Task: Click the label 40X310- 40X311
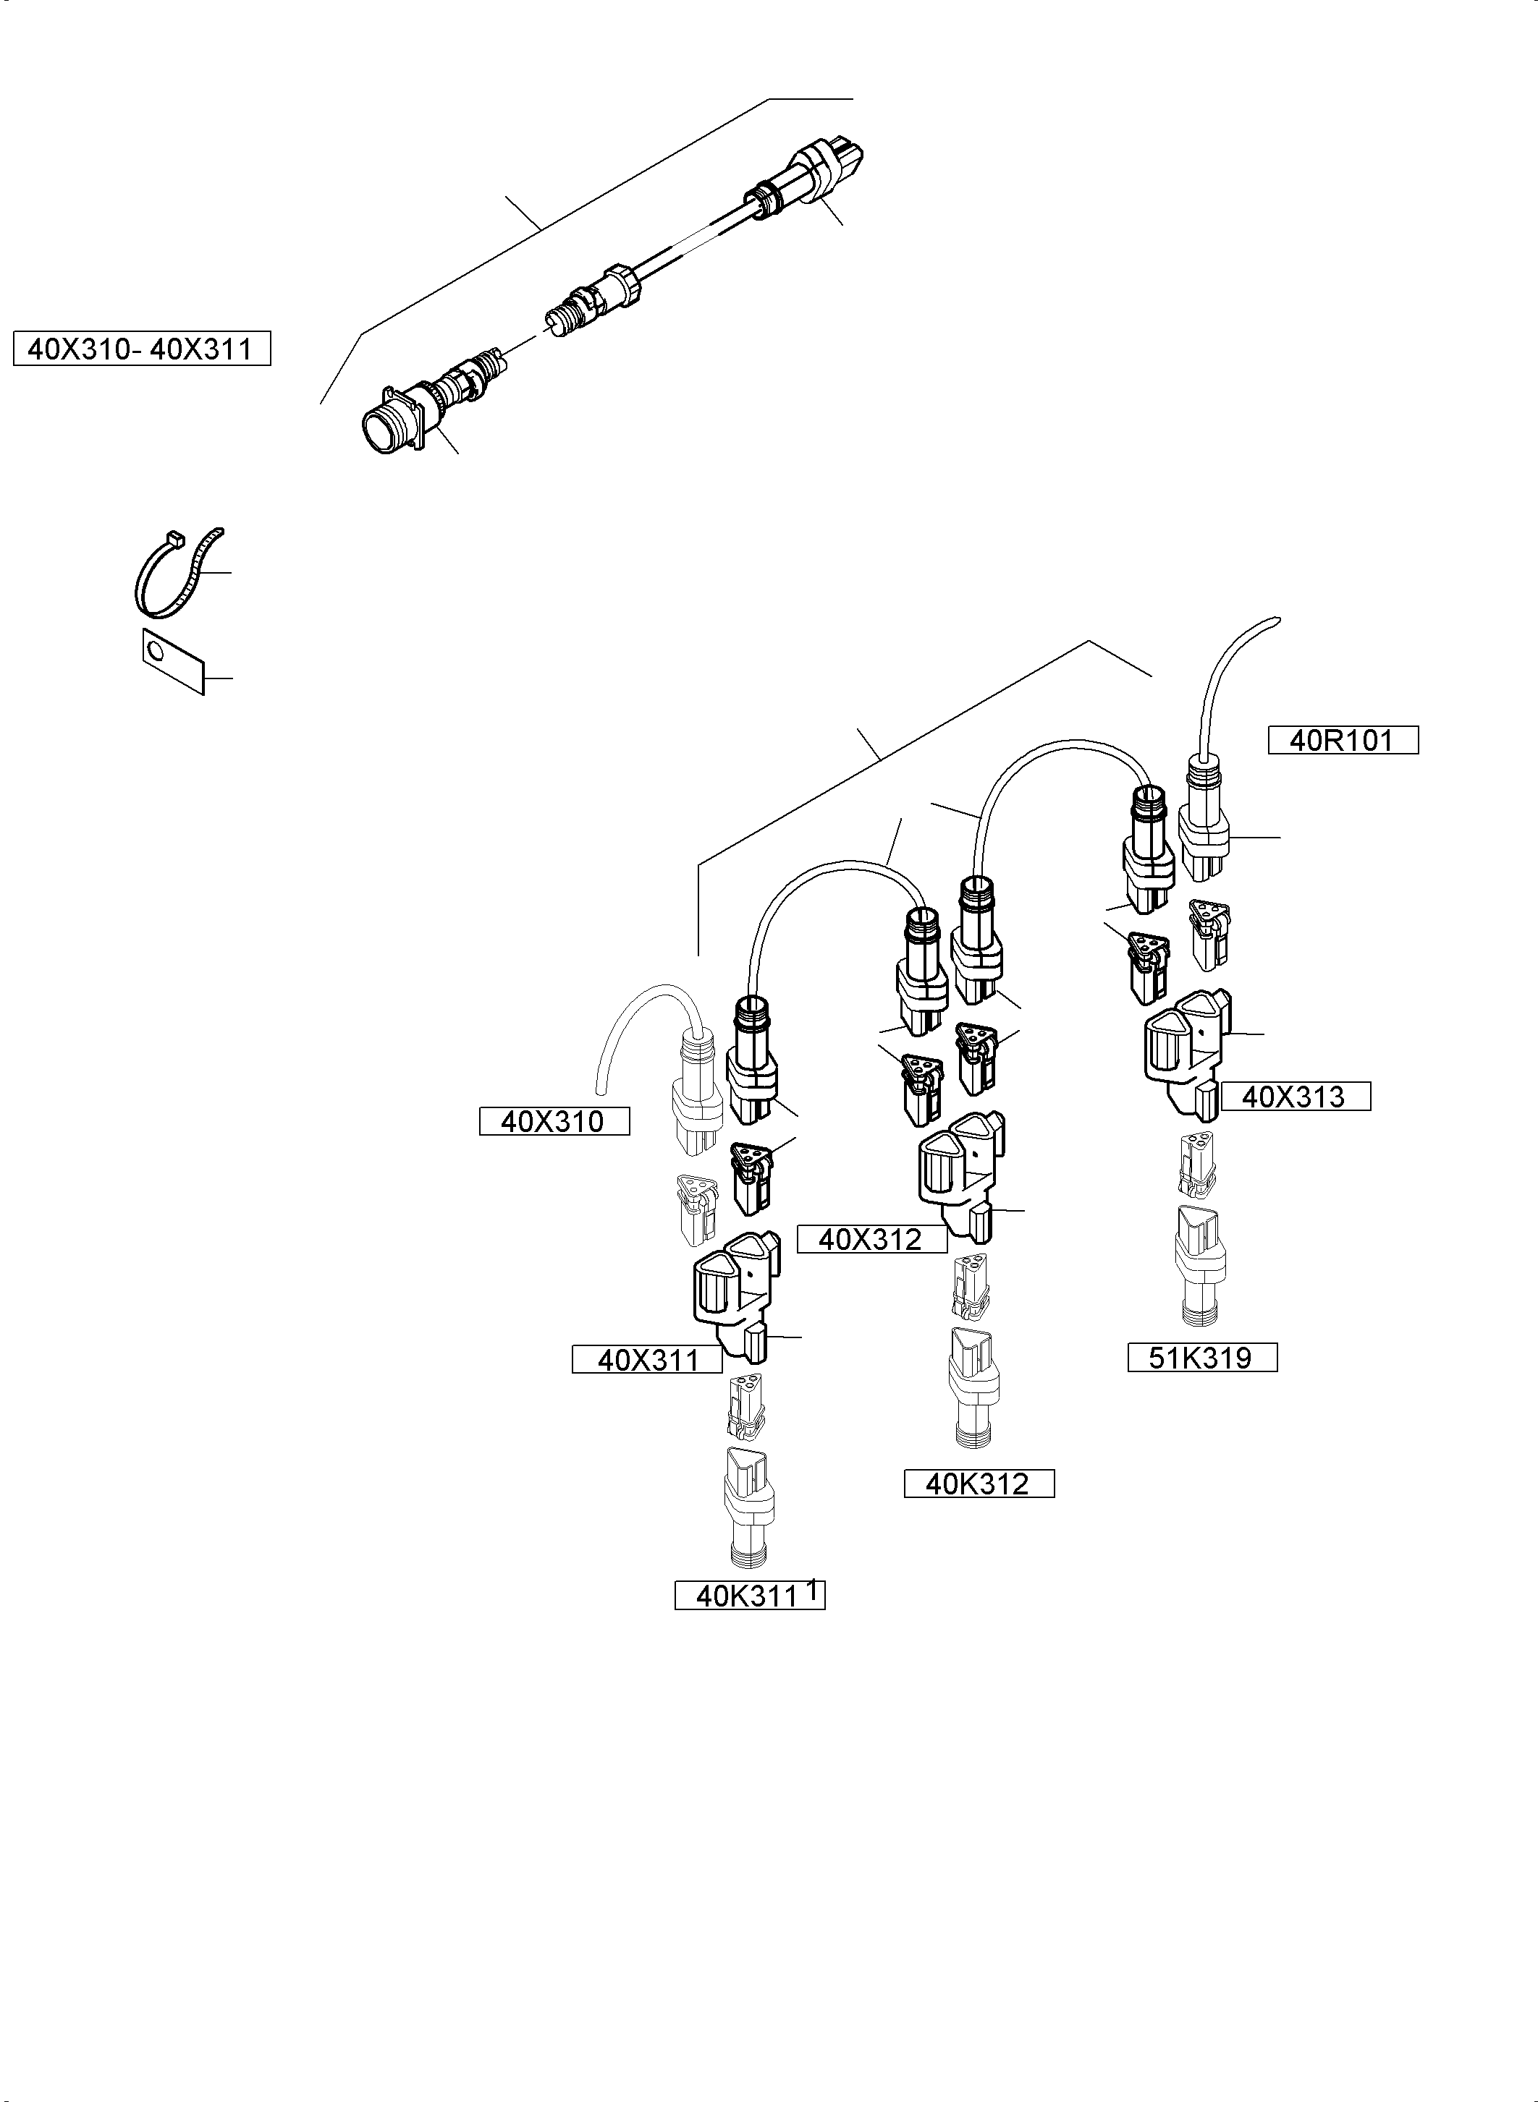(x=142, y=349)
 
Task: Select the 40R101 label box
(x=1343, y=741)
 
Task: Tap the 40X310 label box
(x=554, y=1121)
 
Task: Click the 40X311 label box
(x=647, y=1359)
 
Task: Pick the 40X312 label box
(x=871, y=1238)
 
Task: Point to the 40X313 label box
(x=1294, y=1096)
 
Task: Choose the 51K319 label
(x=1201, y=1358)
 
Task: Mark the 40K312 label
(x=979, y=1484)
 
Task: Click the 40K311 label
(x=748, y=1596)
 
